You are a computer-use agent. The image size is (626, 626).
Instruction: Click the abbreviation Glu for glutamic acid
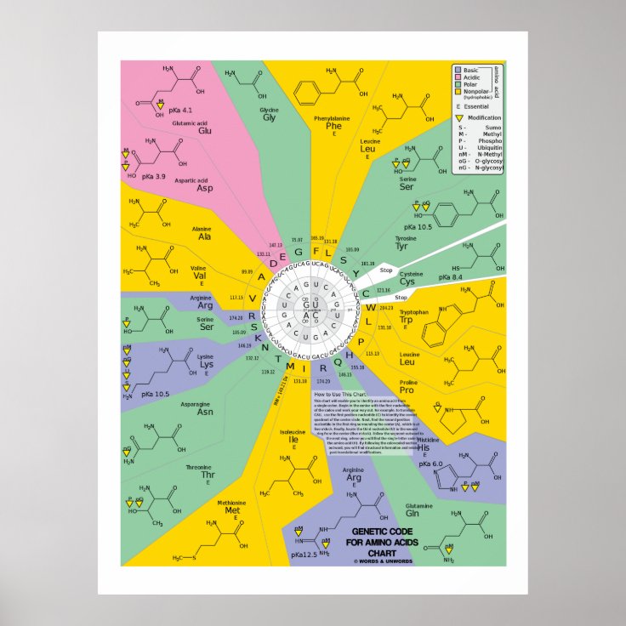205,131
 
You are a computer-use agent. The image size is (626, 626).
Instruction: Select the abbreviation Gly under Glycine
269,118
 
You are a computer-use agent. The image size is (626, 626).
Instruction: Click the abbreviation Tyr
401,246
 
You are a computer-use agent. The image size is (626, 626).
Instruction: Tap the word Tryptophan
413,312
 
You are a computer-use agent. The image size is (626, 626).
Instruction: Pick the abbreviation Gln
413,513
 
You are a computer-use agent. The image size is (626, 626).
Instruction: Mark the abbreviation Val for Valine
198,276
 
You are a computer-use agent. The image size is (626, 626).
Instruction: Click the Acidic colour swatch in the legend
458,77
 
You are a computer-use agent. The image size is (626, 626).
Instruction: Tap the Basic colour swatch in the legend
458,70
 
